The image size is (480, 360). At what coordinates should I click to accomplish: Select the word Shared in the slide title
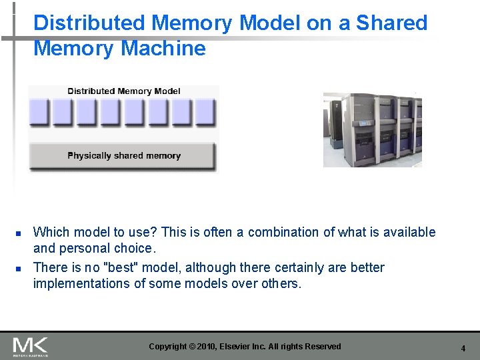391,23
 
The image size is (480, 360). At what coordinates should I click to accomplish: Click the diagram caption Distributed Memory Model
124,91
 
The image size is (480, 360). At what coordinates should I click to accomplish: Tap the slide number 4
463,348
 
